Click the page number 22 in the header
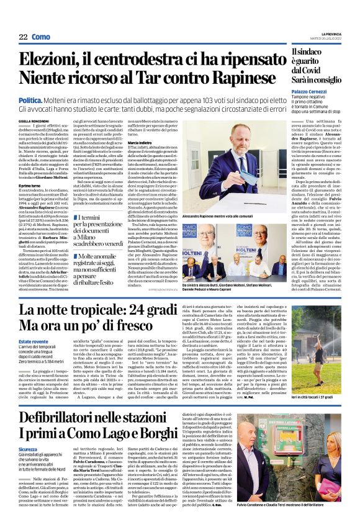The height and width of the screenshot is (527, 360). point(22,37)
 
